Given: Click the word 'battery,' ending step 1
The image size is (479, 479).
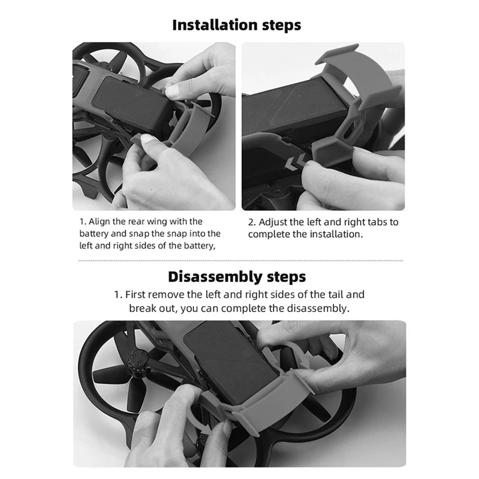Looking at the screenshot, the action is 199,246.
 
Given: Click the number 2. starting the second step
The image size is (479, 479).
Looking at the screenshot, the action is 251,222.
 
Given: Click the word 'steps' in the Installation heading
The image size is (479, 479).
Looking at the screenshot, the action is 281,25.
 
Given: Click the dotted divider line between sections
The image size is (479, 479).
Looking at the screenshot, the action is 241,260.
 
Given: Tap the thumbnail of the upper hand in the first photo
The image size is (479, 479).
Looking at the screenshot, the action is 171,90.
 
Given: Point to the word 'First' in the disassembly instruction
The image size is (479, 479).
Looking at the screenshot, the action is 135,295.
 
